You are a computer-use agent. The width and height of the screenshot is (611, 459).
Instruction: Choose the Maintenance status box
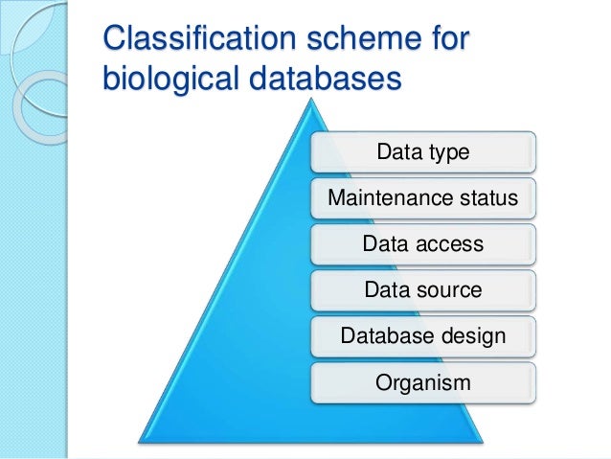pyautogui.click(x=422, y=198)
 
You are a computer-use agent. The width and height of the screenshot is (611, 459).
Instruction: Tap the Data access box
pyautogui.click(x=422, y=244)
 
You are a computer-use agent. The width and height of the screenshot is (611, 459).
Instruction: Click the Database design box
pyautogui.click(x=422, y=336)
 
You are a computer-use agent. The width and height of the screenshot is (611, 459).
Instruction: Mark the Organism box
pyautogui.click(x=422, y=383)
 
